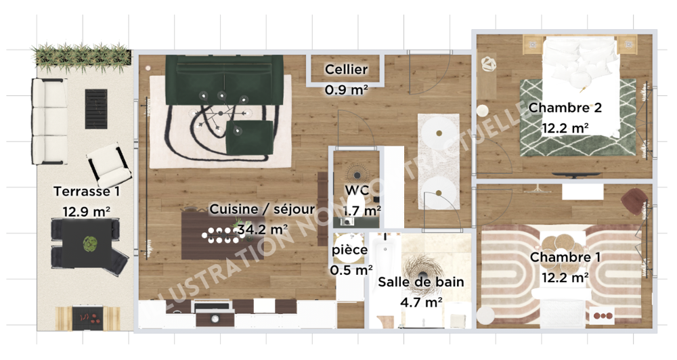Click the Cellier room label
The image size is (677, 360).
[346, 70]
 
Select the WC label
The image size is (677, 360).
[357, 190]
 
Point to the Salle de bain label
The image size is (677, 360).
[421, 282]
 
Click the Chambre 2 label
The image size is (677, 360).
[565, 108]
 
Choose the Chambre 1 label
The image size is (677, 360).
[565, 257]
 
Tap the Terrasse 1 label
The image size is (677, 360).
[87, 192]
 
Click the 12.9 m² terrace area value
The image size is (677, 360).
[87, 212]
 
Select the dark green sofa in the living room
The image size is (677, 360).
[224, 80]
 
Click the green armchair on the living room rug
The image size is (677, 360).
[250, 137]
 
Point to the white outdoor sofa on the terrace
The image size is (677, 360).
[49, 121]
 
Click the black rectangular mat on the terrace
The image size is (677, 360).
[96, 109]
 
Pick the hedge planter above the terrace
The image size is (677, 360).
[82, 57]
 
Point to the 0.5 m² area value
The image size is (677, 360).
[351, 270]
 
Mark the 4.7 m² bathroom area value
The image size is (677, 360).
[421, 302]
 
